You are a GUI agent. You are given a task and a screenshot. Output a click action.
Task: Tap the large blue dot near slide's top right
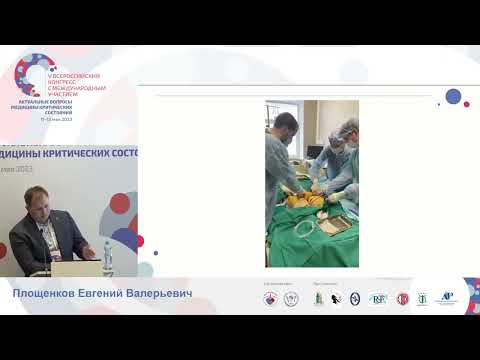coord(453,97)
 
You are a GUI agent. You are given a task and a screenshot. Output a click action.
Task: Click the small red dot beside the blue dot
coord(467,105)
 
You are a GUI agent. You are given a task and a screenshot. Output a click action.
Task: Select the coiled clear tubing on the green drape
coord(302,228)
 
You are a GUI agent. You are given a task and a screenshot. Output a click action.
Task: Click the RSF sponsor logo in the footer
coord(378,298)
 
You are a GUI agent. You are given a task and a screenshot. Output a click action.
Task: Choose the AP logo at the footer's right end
coord(446,298)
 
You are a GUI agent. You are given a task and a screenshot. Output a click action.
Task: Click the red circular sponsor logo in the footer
coord(403,298)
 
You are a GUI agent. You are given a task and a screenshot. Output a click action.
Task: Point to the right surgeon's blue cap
coord(346,127)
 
